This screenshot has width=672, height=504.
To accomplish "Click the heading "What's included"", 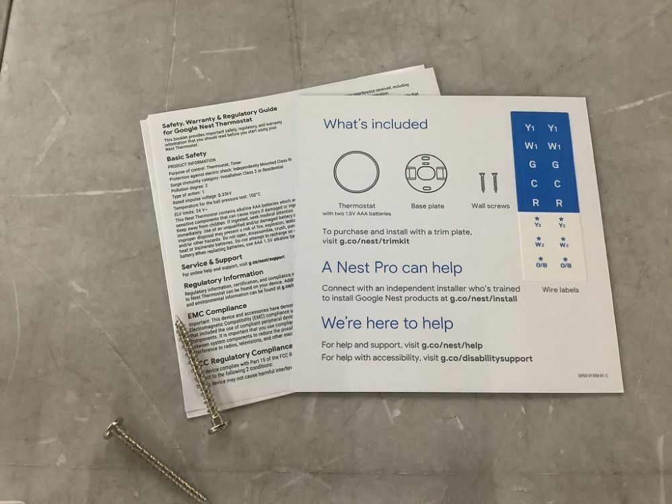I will (375, 124).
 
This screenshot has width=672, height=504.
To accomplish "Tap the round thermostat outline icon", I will (357, 172).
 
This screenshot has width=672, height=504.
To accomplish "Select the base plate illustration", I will (427, 173).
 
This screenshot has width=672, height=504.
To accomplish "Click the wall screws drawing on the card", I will (489, 181).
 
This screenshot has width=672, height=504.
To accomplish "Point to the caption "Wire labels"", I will (560, 290).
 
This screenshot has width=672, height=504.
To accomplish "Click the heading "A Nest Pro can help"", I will (392, 268).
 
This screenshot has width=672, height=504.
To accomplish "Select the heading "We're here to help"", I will (387, 323).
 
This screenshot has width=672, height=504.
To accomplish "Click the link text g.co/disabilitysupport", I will (487, 358).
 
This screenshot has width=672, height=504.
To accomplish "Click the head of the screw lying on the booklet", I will (218, 425).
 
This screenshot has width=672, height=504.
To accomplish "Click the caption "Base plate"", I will (427, 206).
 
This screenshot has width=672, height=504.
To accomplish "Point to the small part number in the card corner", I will (593, 376).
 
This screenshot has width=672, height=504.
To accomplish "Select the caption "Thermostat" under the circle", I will (357, 206).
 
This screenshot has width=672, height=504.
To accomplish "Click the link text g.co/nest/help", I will (452, 345).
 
